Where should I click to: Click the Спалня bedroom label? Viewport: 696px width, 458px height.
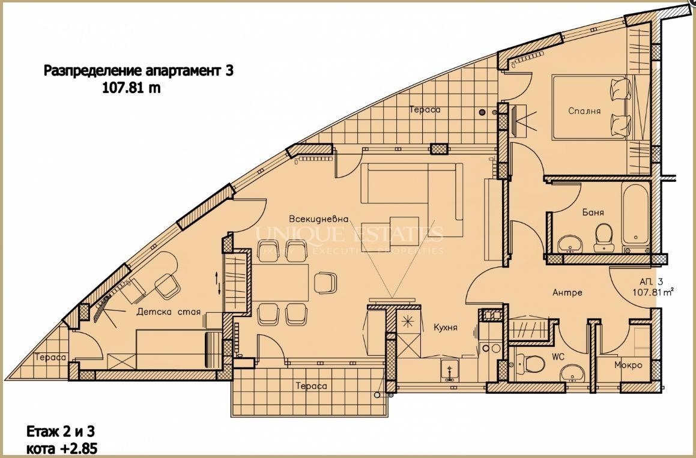pyautogui.click(x=584, y=111)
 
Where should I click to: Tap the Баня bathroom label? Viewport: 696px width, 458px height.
pyautogui.click(x=592, y=212)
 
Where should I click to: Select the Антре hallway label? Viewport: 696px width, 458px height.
pyautogui.click(x=567, y=293)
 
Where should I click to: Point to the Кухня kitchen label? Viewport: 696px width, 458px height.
pyautogui.click(x=446, y=328)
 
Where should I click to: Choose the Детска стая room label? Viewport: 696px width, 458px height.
pyautogui.click(x=168, y=312)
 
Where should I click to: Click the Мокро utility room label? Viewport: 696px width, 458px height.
pyautogui.click(x=628, y=365)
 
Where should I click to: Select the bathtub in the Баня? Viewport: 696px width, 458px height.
pyautogui.click(x=635, y=215)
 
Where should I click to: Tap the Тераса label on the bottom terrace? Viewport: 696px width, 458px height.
pyautogui.click(x=312, y=386)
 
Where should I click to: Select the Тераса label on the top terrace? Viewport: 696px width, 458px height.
pyautogui.click(x=425, y=110)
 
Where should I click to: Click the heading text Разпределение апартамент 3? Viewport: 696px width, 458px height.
pyautogui.click(x=138, y=71)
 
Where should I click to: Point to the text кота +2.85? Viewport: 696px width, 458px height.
pyautogui.click(x=62, y=448)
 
